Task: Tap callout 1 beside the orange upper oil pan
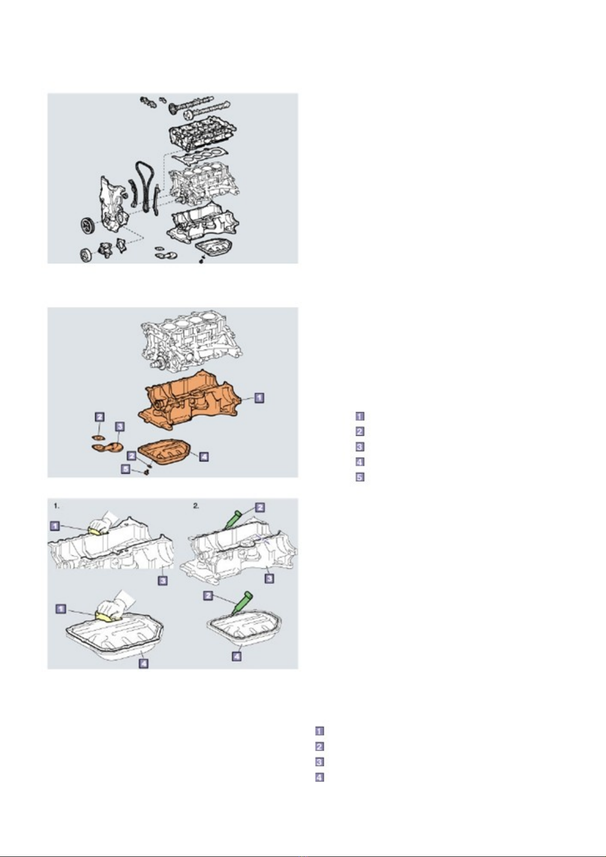259,398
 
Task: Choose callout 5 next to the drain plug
126,468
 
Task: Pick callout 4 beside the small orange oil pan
204,456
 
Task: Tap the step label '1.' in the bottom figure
56,506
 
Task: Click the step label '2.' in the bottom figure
196,506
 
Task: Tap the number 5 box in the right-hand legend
360,477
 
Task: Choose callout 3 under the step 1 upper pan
163,581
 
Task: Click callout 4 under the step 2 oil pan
237,657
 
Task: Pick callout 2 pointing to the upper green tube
259,507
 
